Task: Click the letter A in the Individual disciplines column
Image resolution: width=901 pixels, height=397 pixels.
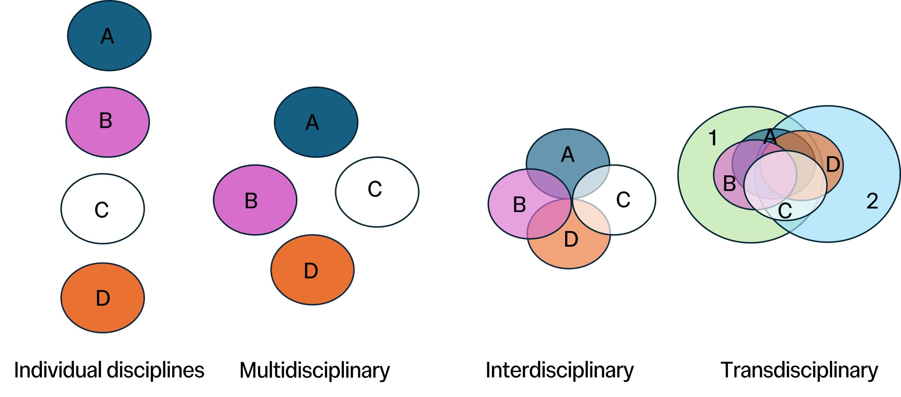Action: (x=107, y=36)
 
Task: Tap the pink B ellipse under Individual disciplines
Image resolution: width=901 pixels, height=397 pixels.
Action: (x=108, y=122)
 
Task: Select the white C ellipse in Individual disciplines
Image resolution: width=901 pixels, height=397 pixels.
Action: (x=102, y=209)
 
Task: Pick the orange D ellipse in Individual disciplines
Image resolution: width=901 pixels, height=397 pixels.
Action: (x=102, y=298)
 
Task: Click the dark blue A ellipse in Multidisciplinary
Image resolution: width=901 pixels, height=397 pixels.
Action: (x=316, y=122)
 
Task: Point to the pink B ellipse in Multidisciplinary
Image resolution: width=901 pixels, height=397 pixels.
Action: (x=255, y=200)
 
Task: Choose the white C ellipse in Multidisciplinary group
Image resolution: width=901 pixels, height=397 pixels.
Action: (x=377, y=192)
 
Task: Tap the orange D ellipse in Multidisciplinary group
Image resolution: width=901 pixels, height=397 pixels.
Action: (x=312, y=270)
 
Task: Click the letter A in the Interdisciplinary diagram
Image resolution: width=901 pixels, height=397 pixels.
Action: (x=567, y=155)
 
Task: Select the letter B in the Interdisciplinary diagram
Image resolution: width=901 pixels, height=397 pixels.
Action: (x=519, y=205)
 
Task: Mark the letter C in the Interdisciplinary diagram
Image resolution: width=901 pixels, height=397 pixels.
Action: (x=623, y=200)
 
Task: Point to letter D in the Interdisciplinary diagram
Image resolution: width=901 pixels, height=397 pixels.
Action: (x=571, y=240)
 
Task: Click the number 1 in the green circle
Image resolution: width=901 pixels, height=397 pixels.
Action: (x=713, y=138)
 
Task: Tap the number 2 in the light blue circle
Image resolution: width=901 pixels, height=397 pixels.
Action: (x=872, y=201)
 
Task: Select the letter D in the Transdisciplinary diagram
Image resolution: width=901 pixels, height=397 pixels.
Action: (x=833, y=165)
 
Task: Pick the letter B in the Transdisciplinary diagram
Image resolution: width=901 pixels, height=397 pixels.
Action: (x=729, y=184)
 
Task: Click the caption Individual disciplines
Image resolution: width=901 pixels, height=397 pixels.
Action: (x=109, y=370)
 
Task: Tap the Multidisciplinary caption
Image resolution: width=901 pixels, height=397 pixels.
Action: (x=315, y=371)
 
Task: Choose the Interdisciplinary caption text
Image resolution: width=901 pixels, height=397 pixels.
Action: (x=560, y=371)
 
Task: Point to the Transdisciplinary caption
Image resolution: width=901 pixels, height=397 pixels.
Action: (x=799, y=371)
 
